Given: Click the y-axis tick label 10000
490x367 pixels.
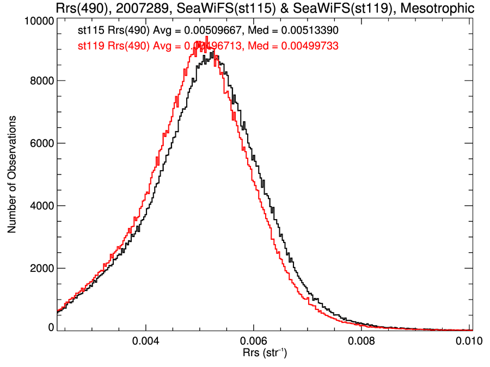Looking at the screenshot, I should tap(39, 21).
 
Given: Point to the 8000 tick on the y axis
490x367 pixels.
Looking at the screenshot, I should tap(41, 80).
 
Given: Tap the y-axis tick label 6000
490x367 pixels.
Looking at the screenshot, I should tap(41, 143).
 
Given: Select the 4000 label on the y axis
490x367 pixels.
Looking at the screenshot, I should tap(41, 206).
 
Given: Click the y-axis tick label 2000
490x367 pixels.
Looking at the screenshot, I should tap(41, 268).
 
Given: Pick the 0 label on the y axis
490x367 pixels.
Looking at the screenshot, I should tap(51, 327).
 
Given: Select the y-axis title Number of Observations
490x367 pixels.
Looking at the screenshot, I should tap(11, 174).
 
